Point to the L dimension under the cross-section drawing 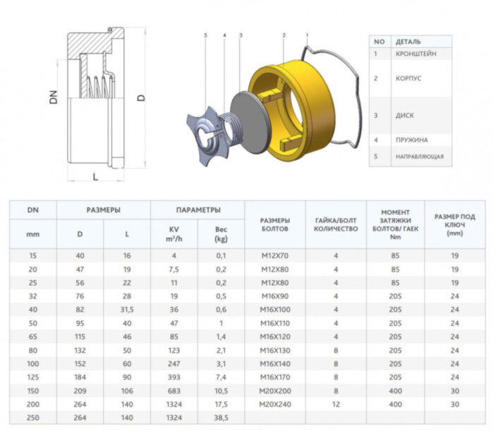click(x=95, y=176)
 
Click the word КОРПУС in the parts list click(x=409, y=78)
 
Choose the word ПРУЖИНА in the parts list click(x=411, y=140)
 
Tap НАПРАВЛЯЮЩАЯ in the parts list click(x=420, y=156)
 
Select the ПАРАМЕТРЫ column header click(x=198, y=210)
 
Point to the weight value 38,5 click(x=221, y=418)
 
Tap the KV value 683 click(x=174, y=392)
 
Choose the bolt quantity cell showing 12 click(x=336, y=405)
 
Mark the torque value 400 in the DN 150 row click(x=395, y=392)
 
